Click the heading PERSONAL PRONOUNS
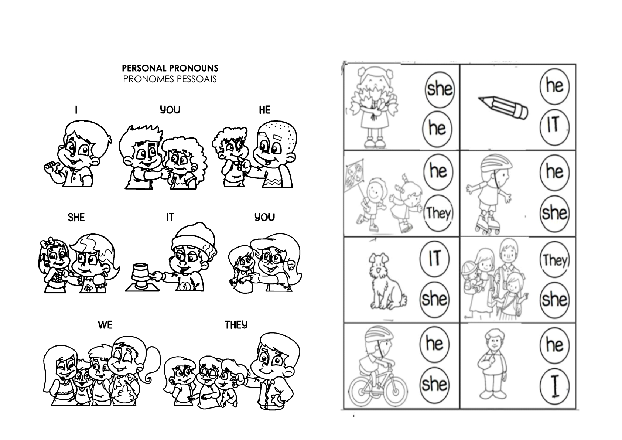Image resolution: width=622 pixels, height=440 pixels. (170, 68)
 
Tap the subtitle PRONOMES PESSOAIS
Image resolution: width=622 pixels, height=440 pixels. (170, 79)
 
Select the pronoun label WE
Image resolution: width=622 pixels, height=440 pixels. (105, 325)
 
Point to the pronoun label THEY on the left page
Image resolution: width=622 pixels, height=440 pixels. (236, 325)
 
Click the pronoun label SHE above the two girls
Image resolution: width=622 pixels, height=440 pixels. (76, 218)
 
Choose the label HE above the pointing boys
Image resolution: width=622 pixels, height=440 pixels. (264, 110)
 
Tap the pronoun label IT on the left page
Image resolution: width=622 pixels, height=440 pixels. (170, 218)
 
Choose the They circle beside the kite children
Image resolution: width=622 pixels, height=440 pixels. (438, 213)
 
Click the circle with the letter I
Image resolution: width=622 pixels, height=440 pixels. (554, 387)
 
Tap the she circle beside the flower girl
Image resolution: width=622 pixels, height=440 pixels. (439, 89)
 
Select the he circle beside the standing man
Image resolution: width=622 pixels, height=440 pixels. (554, 344)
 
